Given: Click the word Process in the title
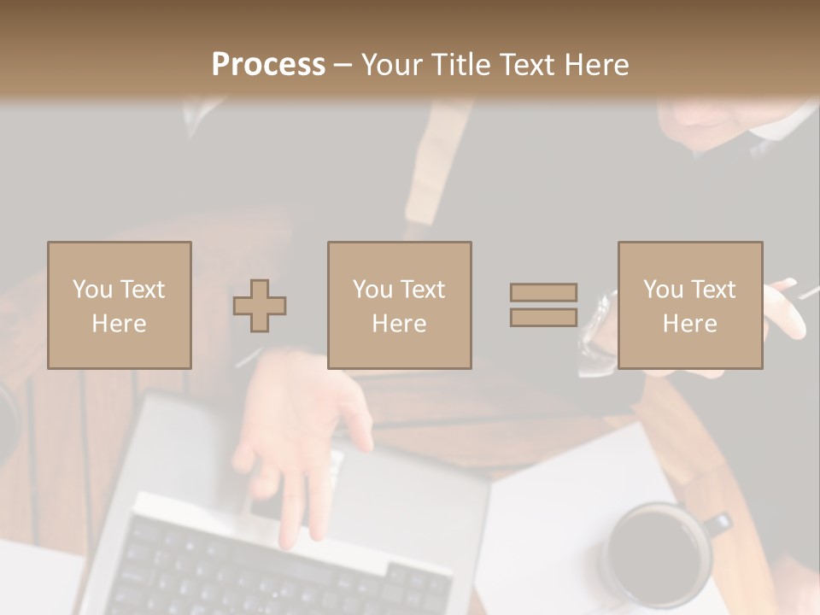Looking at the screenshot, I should click(x=268, y=65).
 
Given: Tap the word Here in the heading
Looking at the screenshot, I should click(x=595, y=65).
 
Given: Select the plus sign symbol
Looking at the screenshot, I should click(x=260, y=306).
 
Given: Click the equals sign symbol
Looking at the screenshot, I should click(x=543, y=305).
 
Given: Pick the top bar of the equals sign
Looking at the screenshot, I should click(x=543, y=293).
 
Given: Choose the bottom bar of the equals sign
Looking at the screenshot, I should click(x=543, y=317).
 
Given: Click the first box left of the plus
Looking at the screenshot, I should click(x=120, y=305).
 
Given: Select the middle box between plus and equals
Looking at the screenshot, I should click(x=399, y=305).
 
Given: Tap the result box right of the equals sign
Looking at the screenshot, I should click(x=689, y=305).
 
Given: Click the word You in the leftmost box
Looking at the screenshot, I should click(x=91, y=290).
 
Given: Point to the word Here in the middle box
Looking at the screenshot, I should click(x=399, y=324).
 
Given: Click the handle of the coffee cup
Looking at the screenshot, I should click(x=718, y=524).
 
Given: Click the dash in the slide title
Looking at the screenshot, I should click(x=343, y=65).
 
